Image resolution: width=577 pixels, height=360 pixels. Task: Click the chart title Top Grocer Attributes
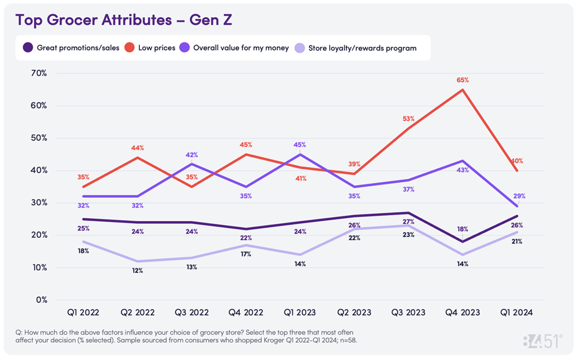123,20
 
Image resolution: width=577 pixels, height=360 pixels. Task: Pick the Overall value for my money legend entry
240,47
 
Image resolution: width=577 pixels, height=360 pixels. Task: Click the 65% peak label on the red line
463,80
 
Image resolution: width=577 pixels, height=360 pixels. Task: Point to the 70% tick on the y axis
38,73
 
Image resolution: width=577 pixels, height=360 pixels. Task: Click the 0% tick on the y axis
41,300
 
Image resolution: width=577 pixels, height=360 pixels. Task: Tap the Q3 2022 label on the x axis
191,313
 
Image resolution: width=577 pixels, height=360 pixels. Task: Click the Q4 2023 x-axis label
463,313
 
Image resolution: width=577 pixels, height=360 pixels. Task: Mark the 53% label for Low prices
409,118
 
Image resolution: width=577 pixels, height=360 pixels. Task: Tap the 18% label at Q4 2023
463,229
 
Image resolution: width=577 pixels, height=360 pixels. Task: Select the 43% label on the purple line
463,170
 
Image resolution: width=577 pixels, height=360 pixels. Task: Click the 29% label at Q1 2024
519,196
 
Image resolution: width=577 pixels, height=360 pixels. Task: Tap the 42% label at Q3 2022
191,155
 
